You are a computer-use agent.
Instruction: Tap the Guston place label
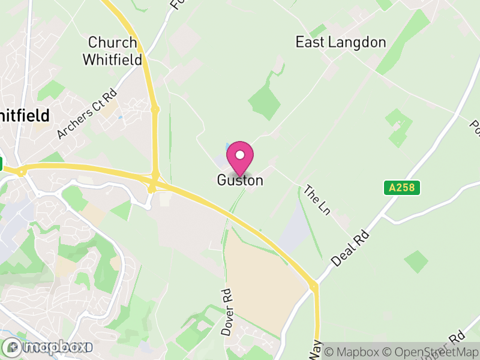240,180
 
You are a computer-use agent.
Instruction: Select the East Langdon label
341,42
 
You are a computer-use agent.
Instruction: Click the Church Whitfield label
113,52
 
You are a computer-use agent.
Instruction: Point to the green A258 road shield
401,188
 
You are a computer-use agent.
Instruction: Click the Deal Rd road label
352,247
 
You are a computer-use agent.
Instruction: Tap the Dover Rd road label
226,312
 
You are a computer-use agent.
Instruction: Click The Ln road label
317,199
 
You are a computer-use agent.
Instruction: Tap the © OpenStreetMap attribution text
431,352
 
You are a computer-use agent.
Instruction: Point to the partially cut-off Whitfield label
24,115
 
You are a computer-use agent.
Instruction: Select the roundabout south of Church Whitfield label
155,110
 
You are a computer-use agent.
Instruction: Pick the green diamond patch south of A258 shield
416,261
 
